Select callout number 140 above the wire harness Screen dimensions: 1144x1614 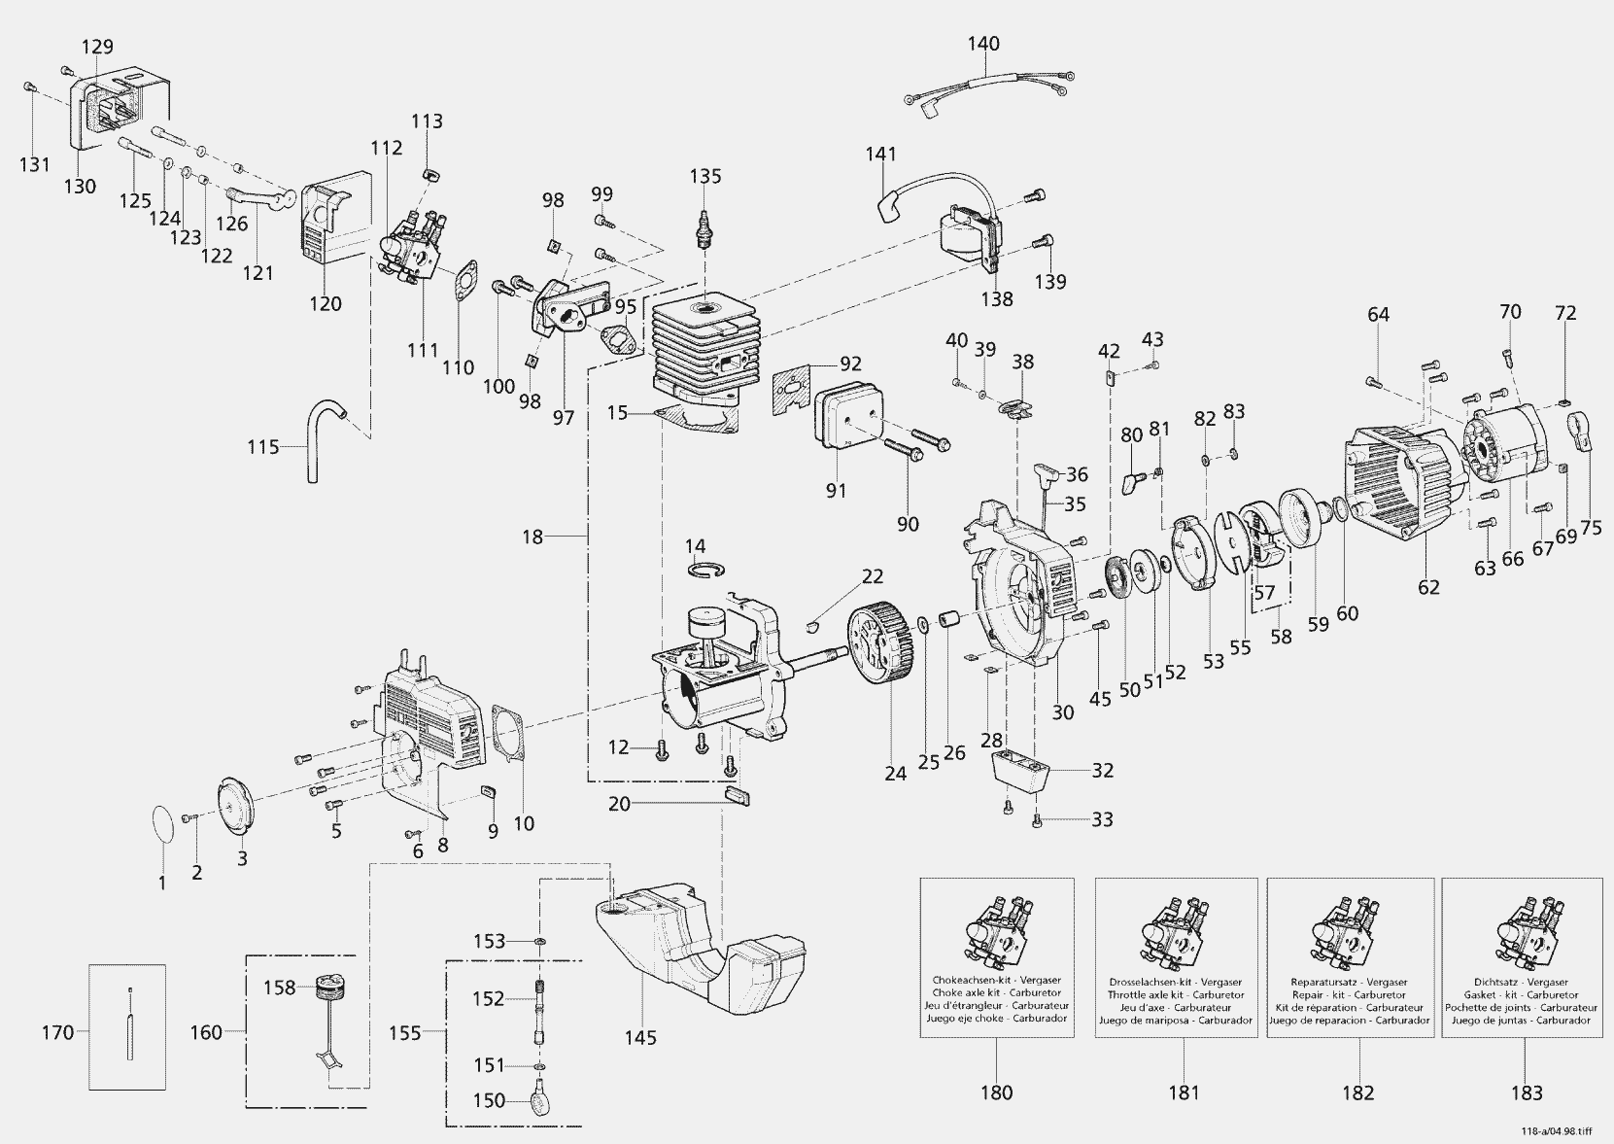pos(983,44)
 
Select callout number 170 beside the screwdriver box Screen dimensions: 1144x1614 pos(57,1032)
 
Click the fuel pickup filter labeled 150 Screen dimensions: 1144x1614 pos(541,1101)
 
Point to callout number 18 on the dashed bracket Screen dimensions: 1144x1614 pos(532,536)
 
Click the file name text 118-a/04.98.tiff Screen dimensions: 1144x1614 pos(1558,1131)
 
